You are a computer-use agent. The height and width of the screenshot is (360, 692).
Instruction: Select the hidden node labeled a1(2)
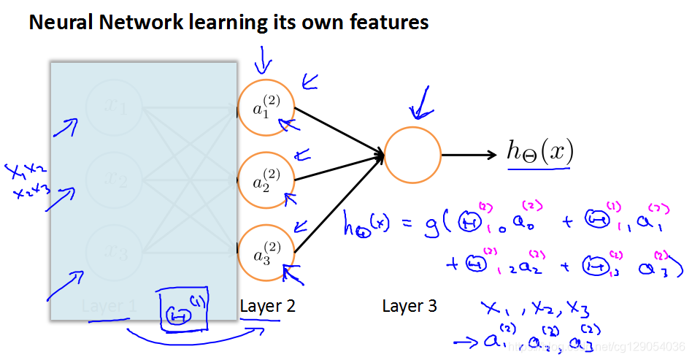265,108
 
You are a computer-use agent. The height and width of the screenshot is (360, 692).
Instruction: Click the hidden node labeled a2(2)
265,180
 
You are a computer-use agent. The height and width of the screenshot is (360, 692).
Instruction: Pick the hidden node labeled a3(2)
265,252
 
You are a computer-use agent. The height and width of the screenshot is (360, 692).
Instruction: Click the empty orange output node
412,155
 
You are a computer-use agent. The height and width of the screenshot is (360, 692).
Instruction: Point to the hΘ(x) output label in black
540,152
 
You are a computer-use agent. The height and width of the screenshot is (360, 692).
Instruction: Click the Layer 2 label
268,307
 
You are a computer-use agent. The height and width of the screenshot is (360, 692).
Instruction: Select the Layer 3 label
410,307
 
